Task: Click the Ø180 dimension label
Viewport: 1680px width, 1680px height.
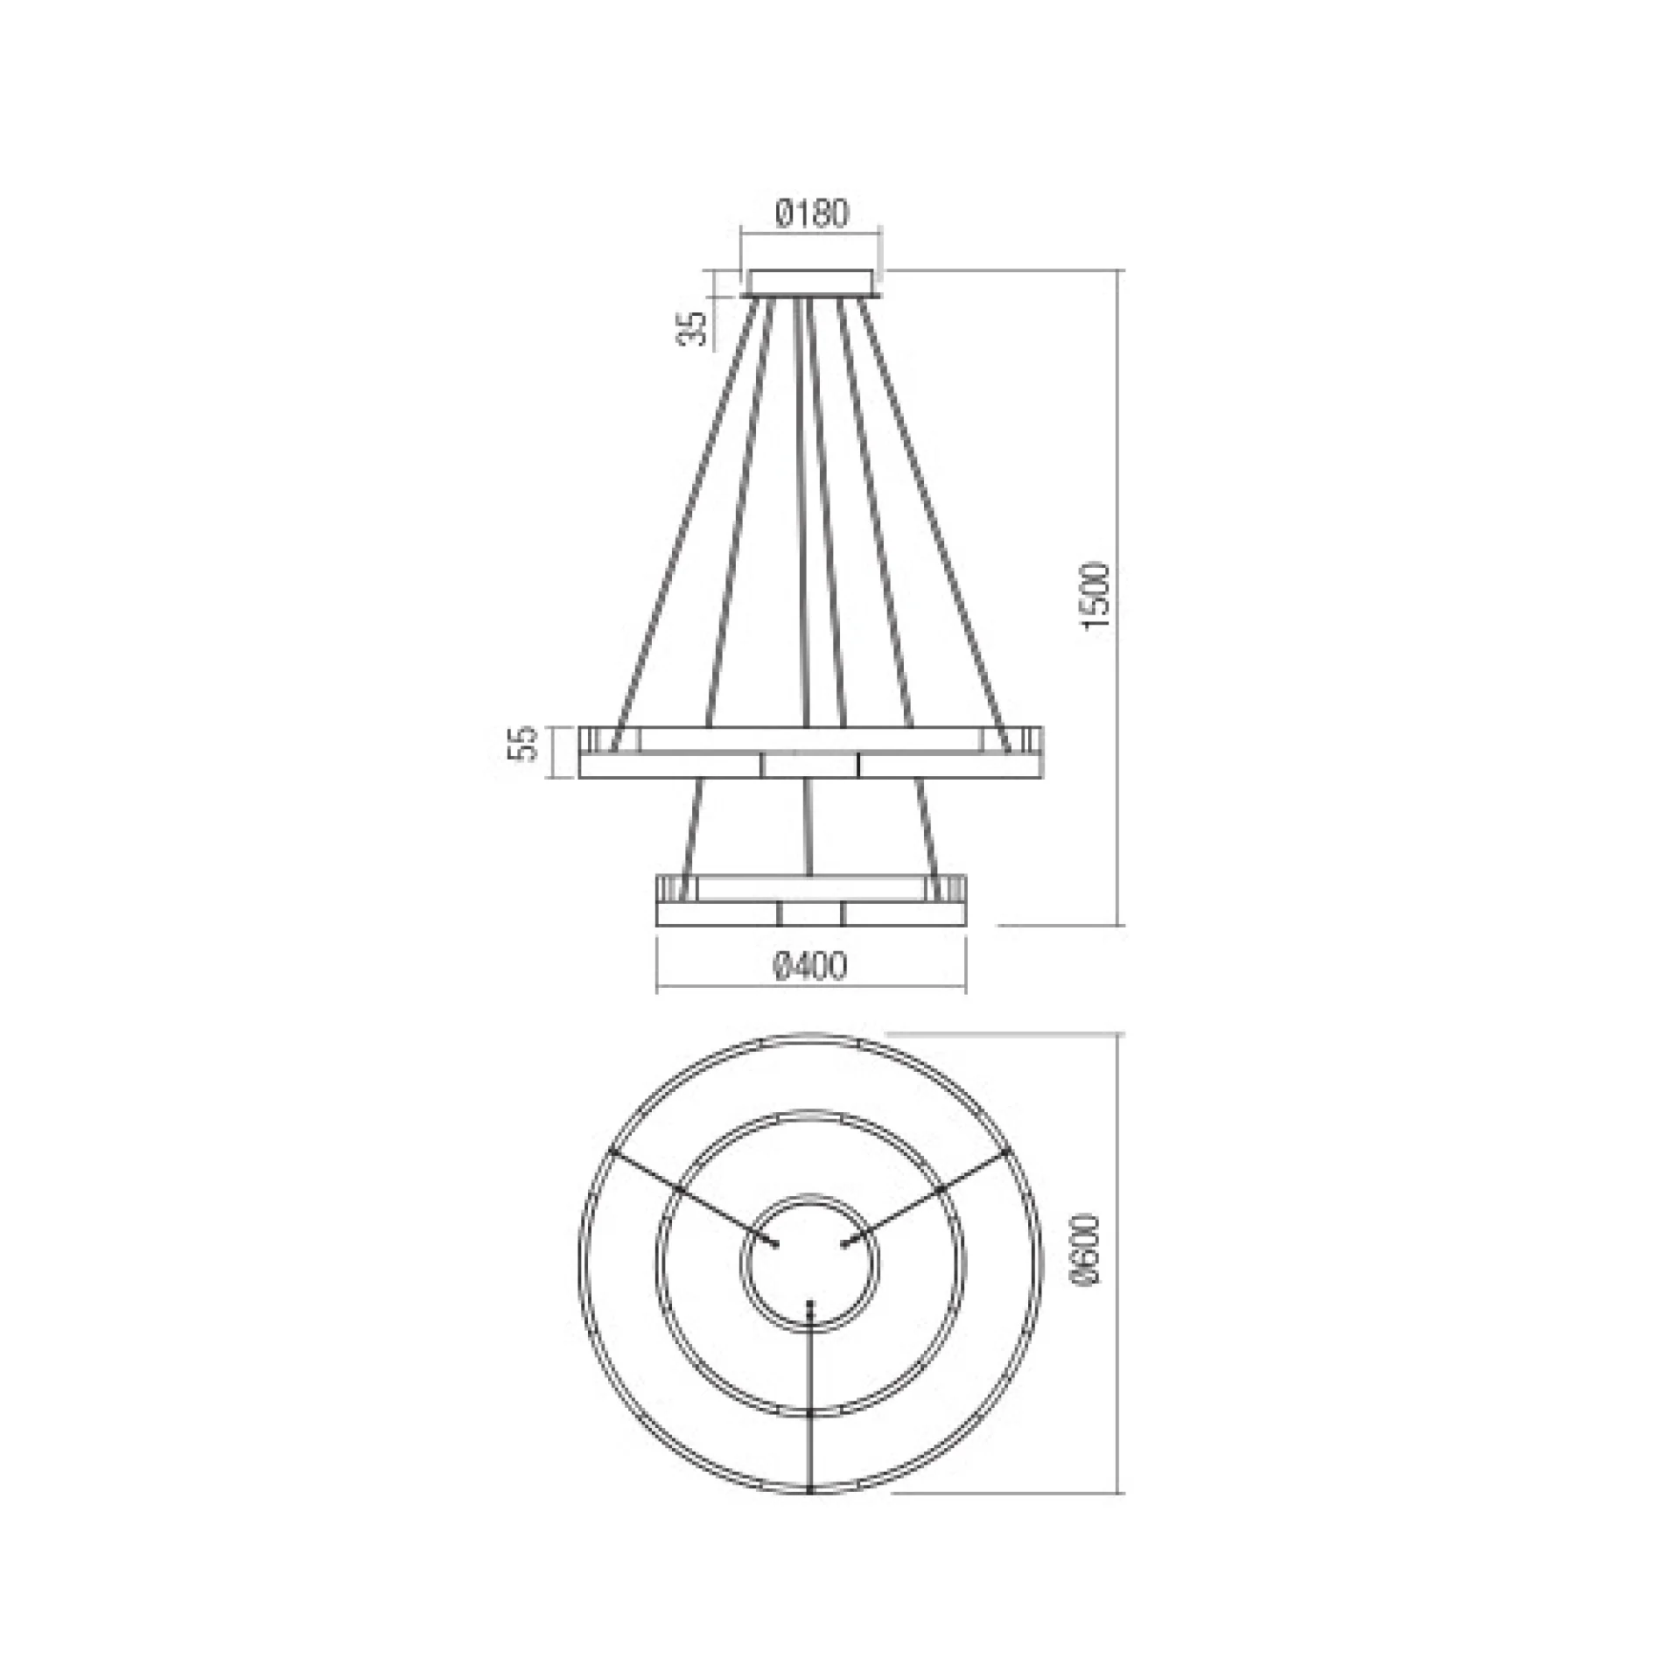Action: click(x=811, y=213)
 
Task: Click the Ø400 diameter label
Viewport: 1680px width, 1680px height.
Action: click(x=810, y=967)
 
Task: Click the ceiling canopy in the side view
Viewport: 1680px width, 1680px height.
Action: click(x=810, y=283)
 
